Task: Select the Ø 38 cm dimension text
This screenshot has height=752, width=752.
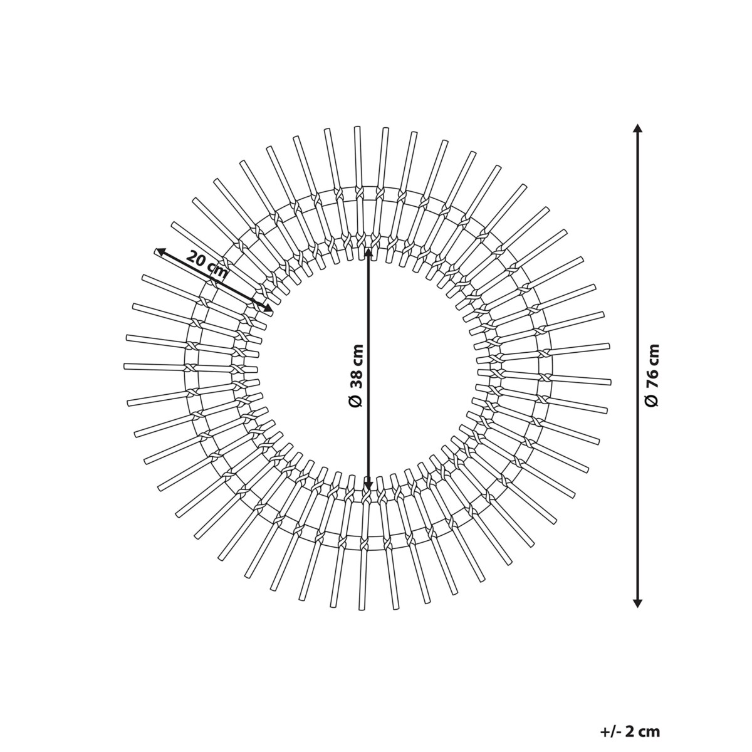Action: tap(357, 375)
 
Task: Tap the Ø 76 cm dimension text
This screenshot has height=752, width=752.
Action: tap(652, 375)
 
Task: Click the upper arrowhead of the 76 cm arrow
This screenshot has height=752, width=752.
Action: tap(637, 129)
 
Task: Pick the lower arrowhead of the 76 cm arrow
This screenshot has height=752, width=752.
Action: tap(637, 613)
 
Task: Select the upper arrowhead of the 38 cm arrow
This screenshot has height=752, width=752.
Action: tap(368, 254)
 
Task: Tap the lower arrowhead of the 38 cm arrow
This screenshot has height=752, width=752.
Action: tap(368, 484)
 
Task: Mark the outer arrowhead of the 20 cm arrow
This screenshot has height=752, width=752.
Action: tap(160, 252)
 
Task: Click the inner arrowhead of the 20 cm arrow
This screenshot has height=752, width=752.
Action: tap(268, 308)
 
